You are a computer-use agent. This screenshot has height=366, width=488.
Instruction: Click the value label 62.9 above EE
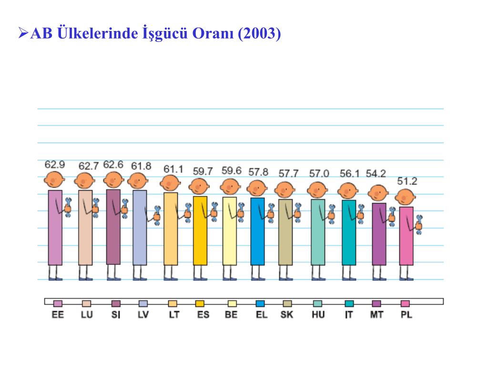(55, 165)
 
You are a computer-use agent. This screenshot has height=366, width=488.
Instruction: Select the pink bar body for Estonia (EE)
(55, 227)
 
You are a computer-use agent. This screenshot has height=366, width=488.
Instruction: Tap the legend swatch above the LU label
(86, 304)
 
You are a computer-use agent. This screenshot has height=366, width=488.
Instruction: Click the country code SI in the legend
(116, 315)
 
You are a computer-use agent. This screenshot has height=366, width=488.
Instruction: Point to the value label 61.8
(141, 166)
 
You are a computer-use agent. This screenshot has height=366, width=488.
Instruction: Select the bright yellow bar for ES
(200, 230)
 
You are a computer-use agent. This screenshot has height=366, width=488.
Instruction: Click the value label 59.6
(231, 171)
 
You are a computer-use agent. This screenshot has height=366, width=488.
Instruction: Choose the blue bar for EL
(257, 231)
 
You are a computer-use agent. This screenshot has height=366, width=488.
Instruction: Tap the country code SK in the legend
(287, 315)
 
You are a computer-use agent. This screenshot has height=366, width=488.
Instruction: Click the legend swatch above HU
(318, 304)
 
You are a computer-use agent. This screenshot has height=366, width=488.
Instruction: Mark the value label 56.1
(350, 173)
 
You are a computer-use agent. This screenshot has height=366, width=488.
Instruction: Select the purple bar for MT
(379, 234)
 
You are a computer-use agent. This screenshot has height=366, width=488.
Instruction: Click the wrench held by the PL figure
(419, 222)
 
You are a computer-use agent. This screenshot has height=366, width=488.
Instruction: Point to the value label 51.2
(407, 182)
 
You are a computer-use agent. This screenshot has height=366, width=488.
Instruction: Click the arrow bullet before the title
(23, 33)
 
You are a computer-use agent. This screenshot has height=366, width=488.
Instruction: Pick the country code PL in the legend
(407, 315)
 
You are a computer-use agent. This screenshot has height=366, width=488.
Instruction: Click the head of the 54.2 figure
(378, 193)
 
